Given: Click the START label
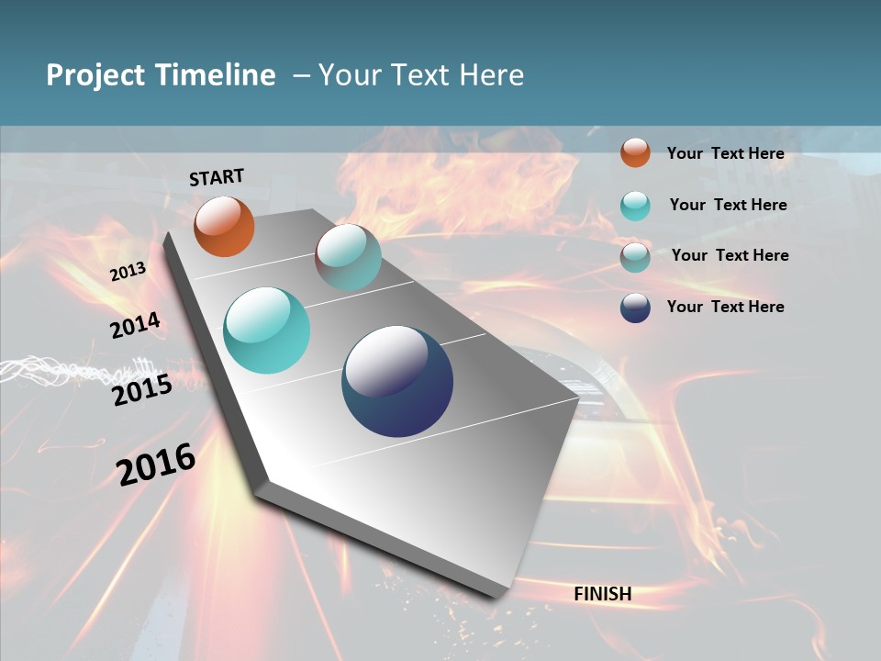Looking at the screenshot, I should (217, 177).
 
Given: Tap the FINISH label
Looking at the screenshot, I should (603, 594).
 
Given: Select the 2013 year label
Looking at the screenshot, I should (128, 272).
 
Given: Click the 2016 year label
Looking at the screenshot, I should (156, 464).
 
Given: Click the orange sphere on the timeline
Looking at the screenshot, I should (224, 226).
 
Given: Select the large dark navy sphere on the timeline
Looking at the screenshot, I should (397, 381).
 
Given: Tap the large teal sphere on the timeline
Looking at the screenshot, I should (267, 330).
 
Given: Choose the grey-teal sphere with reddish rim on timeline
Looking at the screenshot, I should (348, 257).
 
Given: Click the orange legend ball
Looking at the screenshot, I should (635, 152).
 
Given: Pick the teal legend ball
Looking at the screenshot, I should (635, 206).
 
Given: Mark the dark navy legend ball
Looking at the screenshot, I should (635, 308).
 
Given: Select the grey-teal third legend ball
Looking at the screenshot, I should (635, 256).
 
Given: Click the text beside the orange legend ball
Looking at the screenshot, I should (725, 153).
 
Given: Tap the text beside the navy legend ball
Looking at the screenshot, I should (725, 307).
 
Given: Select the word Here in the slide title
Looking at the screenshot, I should (492, 75).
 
